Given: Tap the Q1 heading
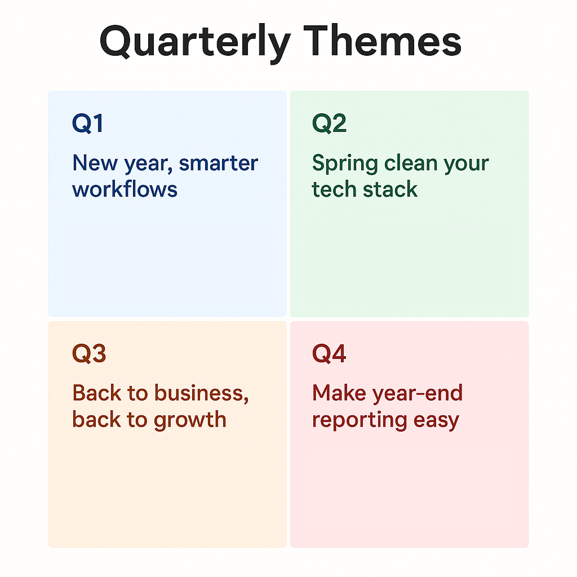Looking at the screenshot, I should pyautogui.click(x=88, y=123).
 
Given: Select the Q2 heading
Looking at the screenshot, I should pyautogui.click(x=330, y=123).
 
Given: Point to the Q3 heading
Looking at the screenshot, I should pyautogui.click(x=89, y=354).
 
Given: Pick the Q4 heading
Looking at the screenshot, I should pyautogui.click(x=330, y=354).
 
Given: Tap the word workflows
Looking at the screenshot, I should pyautogui.click(x=125, y=189).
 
